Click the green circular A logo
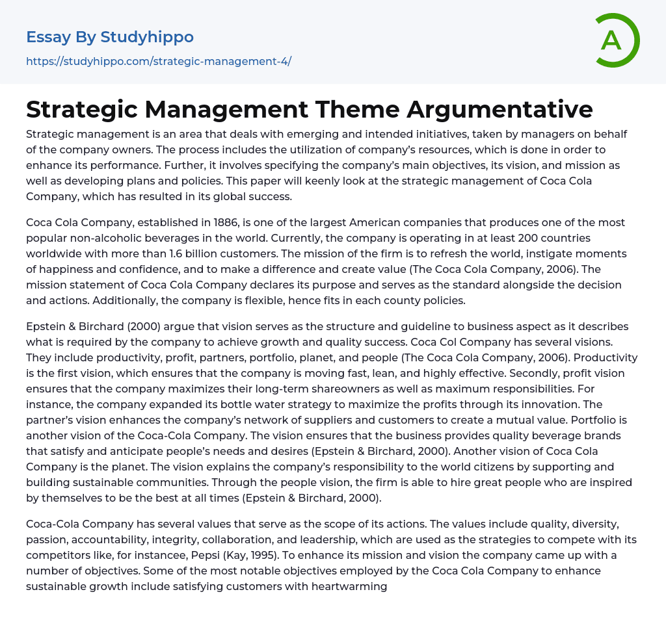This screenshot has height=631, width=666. tap(617, 40)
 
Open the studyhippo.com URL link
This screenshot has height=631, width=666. tap(159, 61)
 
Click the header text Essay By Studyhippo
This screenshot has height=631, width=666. tap(110, 37)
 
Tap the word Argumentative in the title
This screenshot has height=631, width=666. tap(500, 109)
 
